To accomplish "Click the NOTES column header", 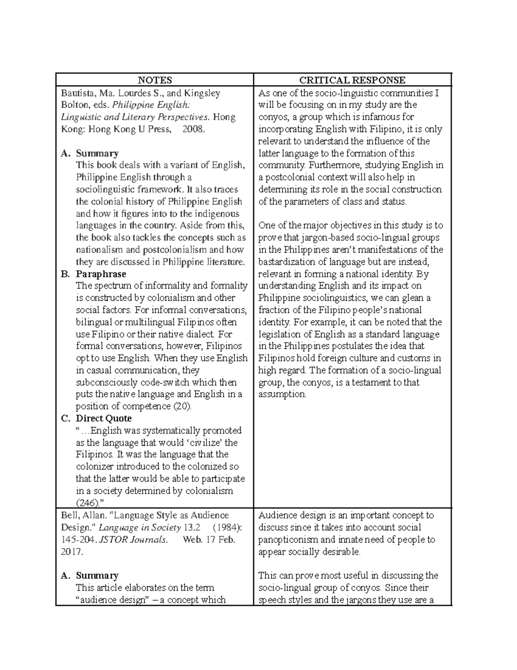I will click(154, 80).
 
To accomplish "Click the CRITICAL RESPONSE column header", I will click(352, 80).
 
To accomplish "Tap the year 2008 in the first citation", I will click(193, 129).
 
